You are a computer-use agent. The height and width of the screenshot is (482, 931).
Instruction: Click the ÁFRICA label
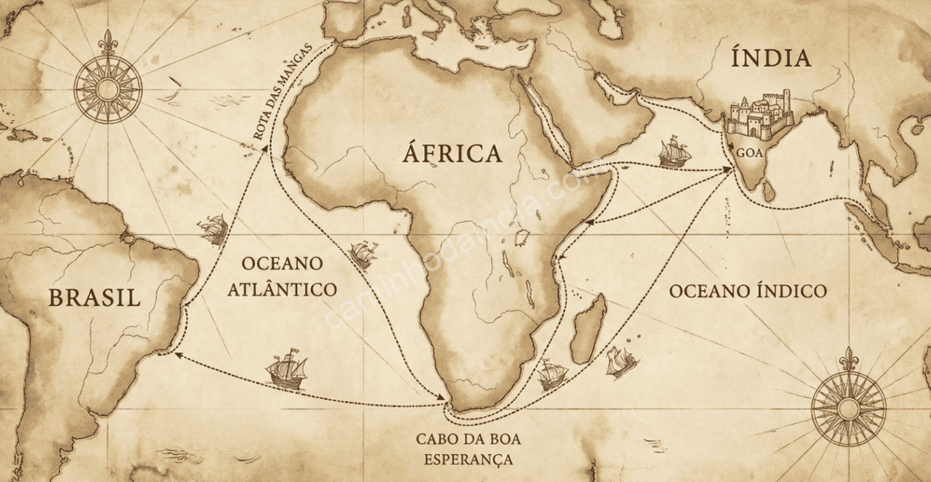pos(452,154)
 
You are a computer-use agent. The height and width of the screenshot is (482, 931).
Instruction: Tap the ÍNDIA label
pos(770,58)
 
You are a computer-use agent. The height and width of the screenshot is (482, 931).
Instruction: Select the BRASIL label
pos(94,297)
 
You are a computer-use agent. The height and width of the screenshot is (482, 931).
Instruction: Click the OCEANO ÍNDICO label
pos(747,291)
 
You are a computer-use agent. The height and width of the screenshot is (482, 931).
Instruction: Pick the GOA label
pos(749,153)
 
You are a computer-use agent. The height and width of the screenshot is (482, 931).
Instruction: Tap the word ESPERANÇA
pos(468,459)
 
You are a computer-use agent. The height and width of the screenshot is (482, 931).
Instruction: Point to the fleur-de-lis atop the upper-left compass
pos(108,41)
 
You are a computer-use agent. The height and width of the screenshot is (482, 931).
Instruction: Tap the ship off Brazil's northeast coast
pos(212,229)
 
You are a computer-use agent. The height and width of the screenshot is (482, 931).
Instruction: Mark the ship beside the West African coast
pos(363,253)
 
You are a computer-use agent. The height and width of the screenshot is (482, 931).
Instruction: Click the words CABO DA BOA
pos(468,439)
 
